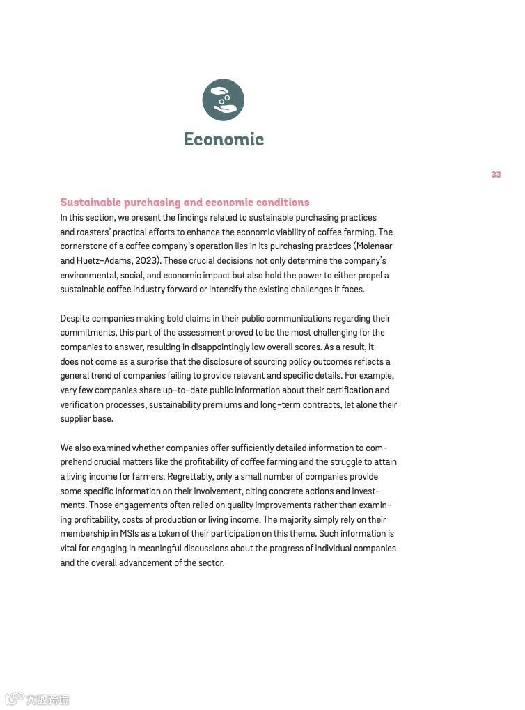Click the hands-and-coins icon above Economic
tap(223, 100)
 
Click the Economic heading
tap(224, 139)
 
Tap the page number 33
tap(496, 175)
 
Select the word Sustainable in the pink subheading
tap(91, 203)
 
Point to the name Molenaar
tap(376, 246)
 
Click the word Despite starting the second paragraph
tap(75, 319)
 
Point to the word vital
tap(70, 549)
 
